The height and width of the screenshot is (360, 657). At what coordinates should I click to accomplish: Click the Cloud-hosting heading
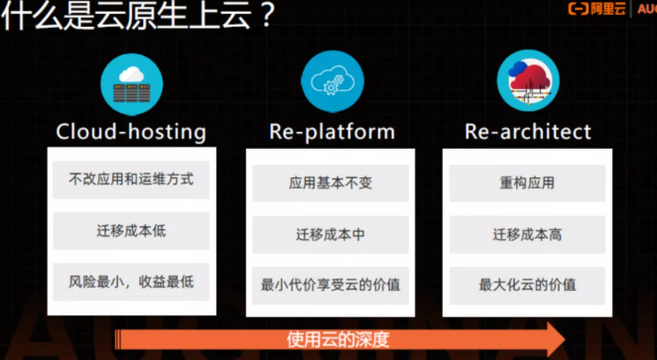click(x=131, y=131)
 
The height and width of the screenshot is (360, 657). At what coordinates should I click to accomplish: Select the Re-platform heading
click(x=331, y=131)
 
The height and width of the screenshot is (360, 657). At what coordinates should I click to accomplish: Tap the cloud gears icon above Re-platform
click(x=331, y=83)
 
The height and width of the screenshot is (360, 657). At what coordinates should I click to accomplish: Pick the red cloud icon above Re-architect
click(x=528, y=83)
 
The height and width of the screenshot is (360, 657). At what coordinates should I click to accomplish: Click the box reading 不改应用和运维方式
click(x=131, y=180)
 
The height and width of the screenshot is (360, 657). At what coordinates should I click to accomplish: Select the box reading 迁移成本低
click(x=131, y=231)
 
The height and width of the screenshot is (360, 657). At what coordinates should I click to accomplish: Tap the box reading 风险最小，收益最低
click(x=131, y=282)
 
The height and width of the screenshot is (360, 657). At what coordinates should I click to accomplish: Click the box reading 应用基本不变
click(x=331, y=183)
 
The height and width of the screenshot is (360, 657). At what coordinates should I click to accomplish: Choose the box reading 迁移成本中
click(x=331, y=235)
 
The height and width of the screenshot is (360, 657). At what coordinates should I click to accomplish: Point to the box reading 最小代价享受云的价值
click(x=331, y=286)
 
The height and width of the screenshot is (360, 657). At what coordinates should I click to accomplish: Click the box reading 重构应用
click(x=527, y=183)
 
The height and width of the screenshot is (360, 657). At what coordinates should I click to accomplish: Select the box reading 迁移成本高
click(x=527, y=235)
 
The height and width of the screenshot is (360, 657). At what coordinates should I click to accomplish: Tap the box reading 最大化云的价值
click(x=527, y=286)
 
